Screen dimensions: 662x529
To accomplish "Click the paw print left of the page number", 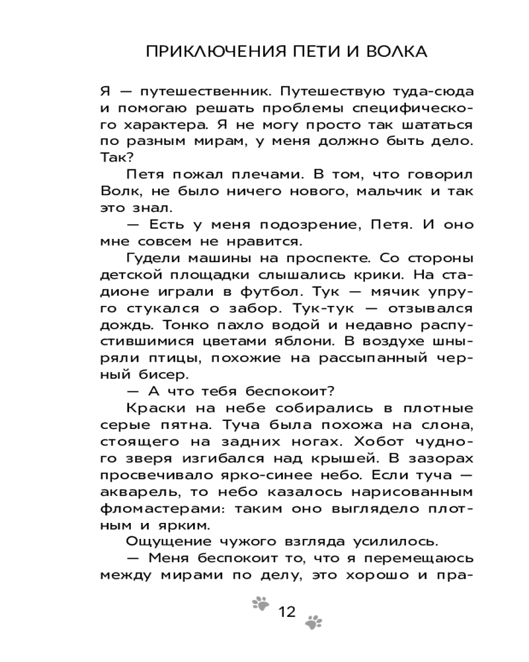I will pyautogui.click(x=262, y=602).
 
